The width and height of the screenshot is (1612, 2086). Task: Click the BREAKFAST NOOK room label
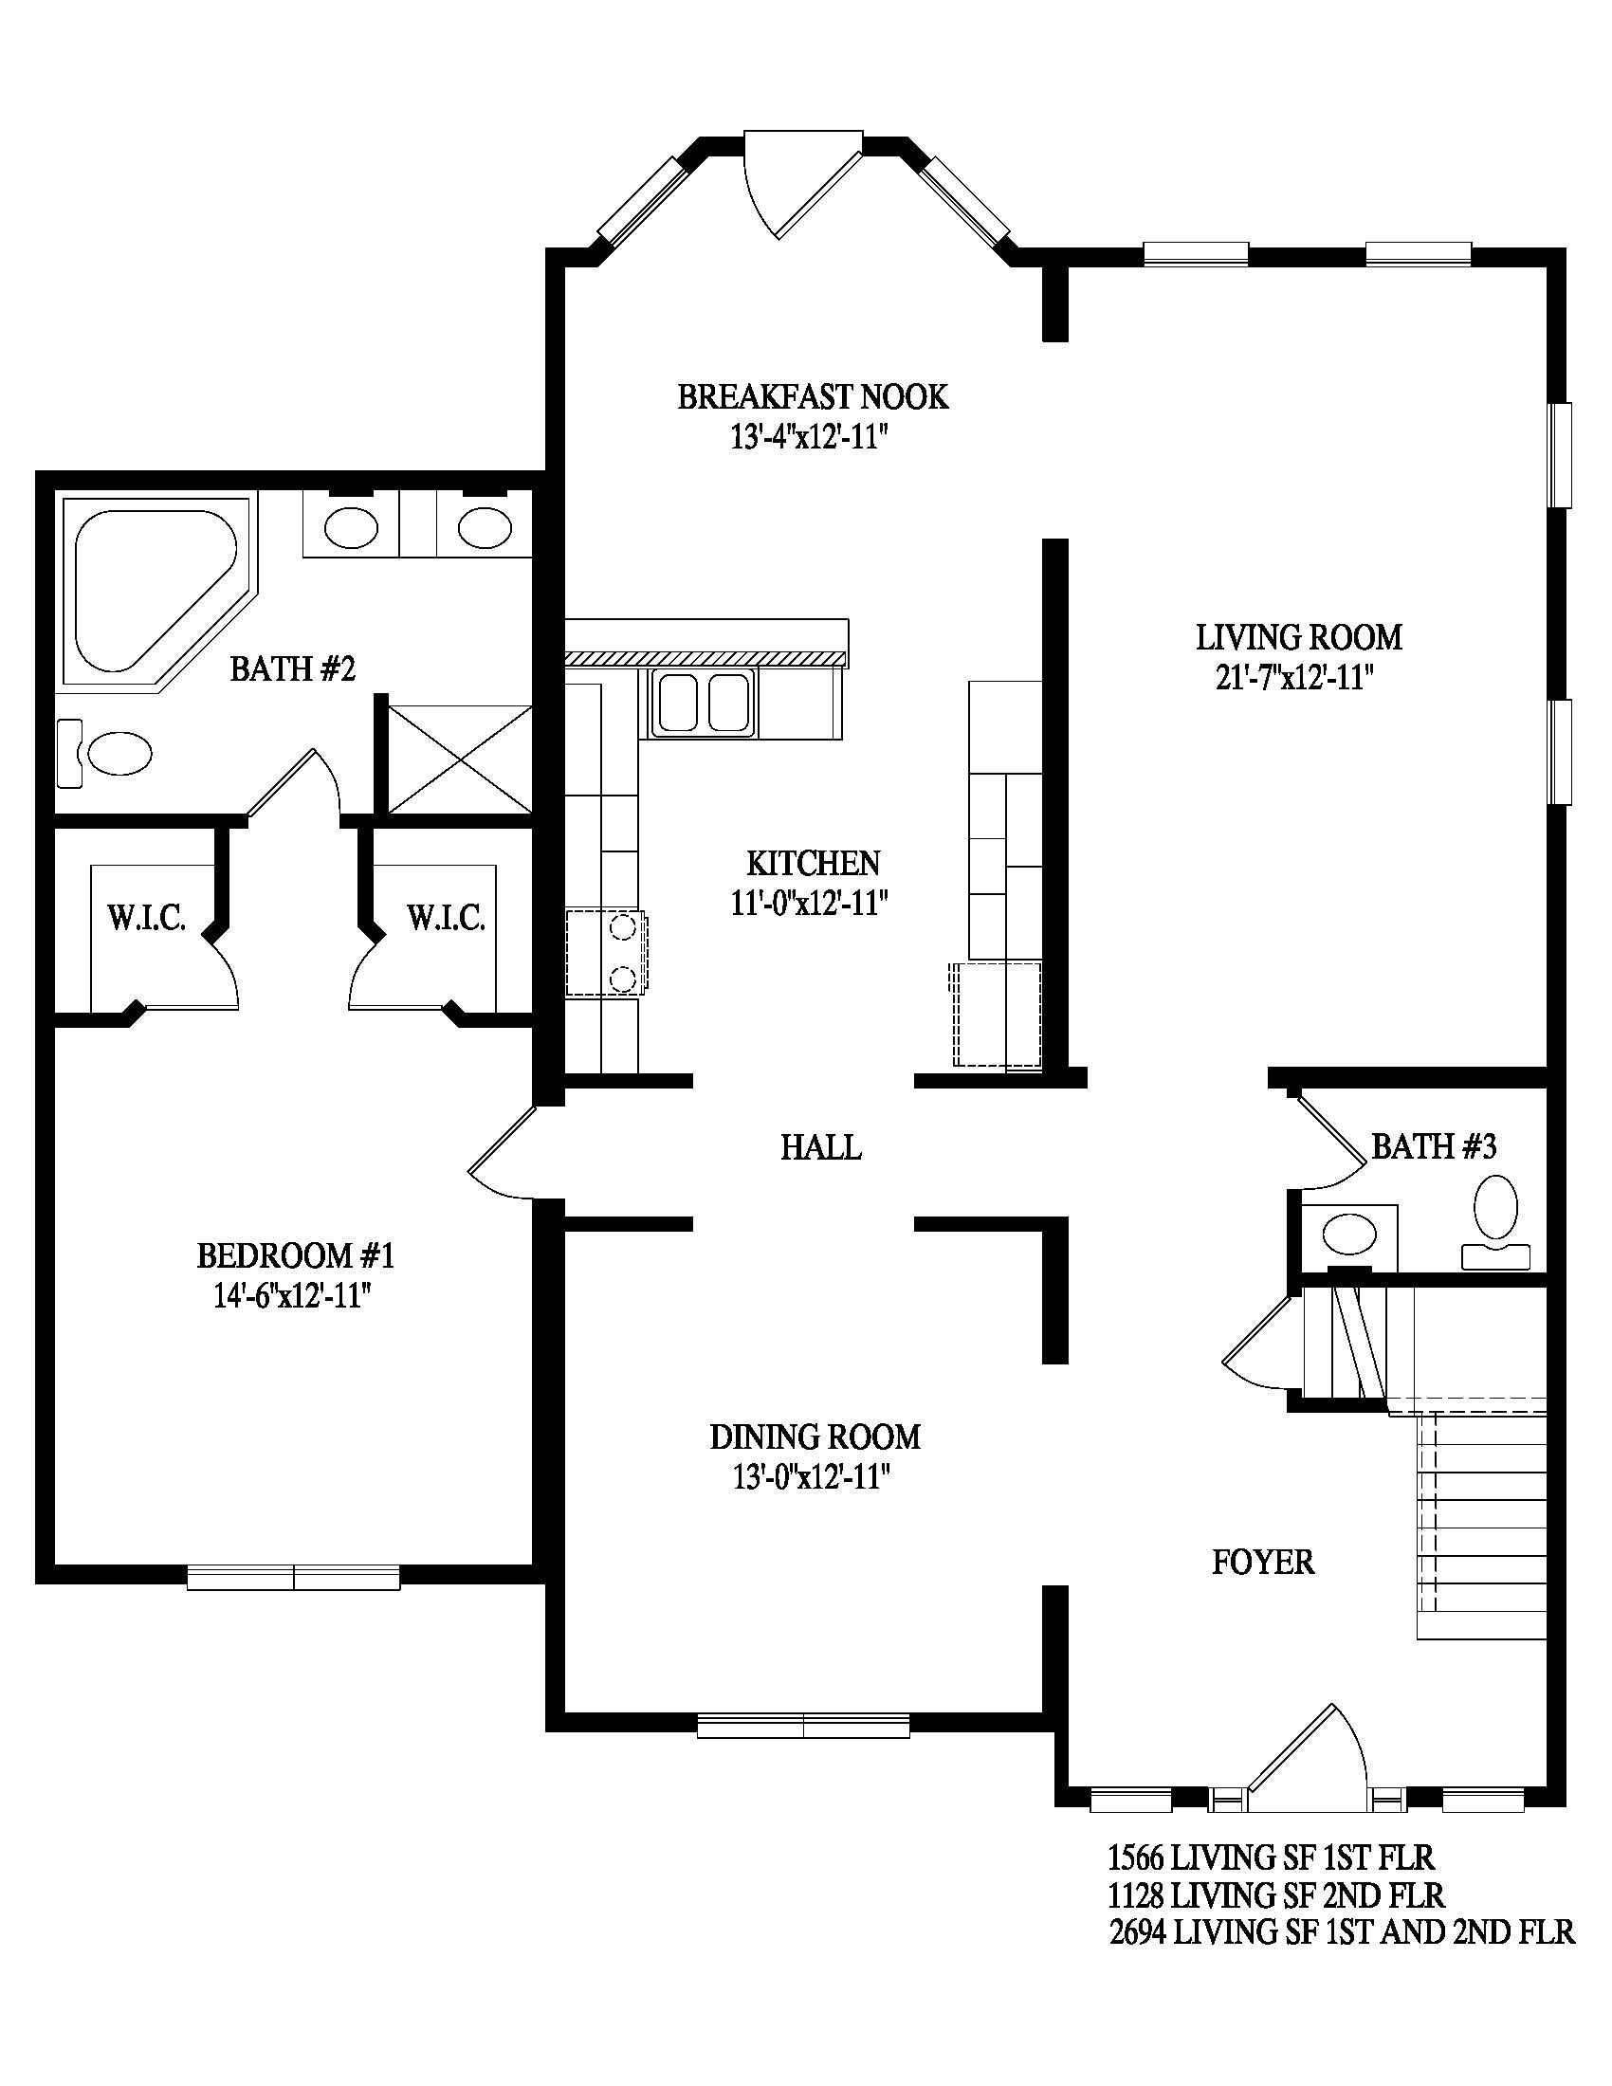coord(813,396)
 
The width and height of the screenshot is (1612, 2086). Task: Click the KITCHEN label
coord(813,863)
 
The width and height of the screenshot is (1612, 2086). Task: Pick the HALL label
coord(821,1147)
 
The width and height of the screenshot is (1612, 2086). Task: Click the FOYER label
coord(1262,1563)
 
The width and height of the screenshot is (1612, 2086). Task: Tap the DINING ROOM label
coord(815,1436)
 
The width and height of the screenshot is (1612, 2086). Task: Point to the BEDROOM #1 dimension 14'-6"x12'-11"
coord(292,1296)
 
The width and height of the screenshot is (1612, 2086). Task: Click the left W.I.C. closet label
coord(146,919)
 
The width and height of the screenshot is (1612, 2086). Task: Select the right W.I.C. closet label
coord(446,919)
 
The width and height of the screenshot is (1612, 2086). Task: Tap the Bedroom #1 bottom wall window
coord(293,1577)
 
